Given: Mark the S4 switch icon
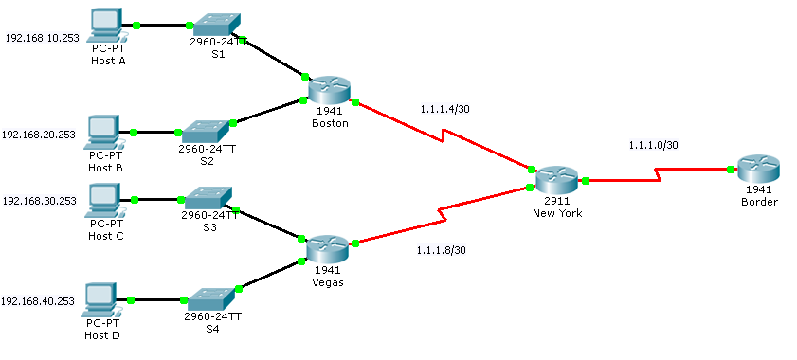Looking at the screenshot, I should click(x=212, y=297).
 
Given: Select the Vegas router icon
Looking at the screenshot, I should click(x=328, y=248).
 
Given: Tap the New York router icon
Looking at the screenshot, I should click(x=556, y=180).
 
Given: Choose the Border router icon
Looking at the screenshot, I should click(x=758, y=171).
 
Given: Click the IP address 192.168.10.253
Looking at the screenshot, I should click(x=42, y=39).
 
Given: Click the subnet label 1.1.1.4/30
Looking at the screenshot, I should click(x=444, y=109).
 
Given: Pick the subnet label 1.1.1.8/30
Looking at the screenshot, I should click(x=441, y=250).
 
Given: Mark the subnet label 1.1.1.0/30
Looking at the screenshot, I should click(x=653, y=145).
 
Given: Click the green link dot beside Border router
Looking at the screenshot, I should click(x=731, y=170).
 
